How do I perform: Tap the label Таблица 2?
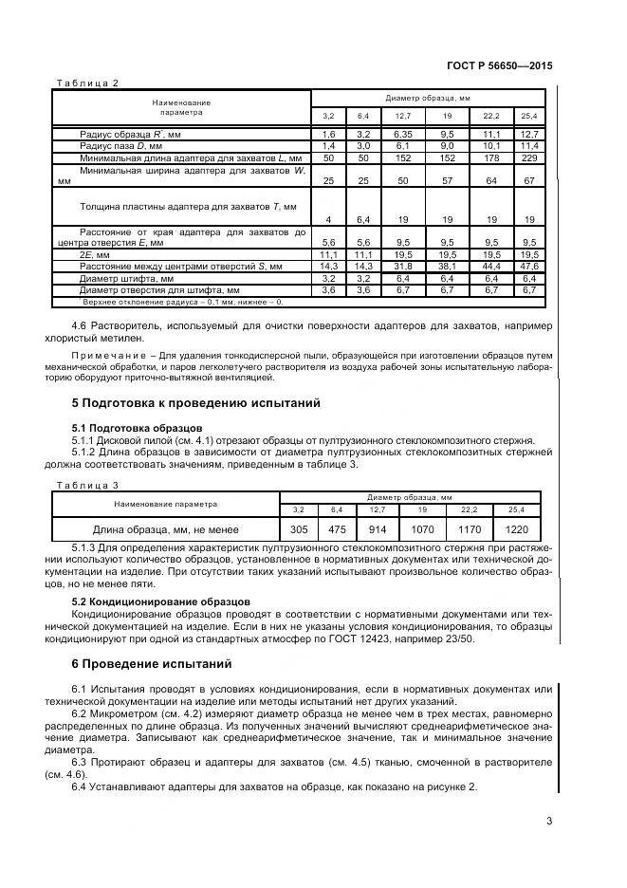(x=86, y=83)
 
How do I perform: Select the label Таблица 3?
(x=86, y=485)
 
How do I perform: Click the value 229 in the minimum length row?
(x=528, y=157)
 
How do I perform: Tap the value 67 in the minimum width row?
(x=528, y=180)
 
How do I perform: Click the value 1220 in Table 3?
(x=517, y=529)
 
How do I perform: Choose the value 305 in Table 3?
(x=299, y=529)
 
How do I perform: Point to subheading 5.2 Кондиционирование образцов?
(x=161, y=601)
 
